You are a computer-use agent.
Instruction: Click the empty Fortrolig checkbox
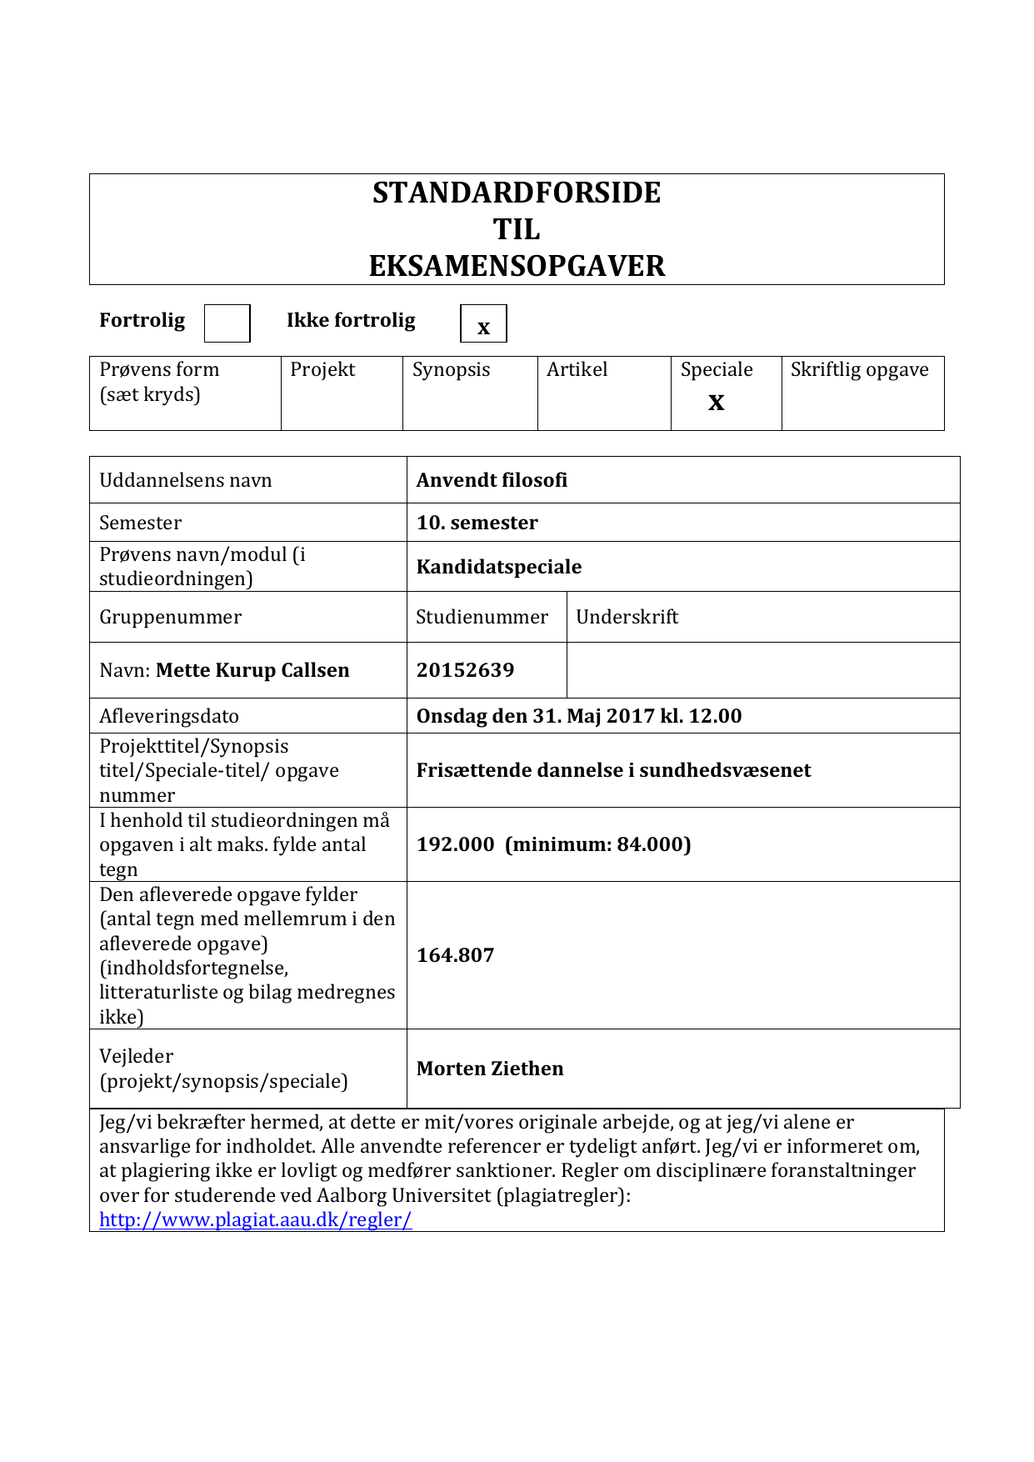[227, 323]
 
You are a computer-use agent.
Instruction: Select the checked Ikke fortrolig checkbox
[483, 323]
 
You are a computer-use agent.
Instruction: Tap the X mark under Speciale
[717, 403]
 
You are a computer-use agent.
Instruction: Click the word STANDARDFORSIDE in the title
[517, 193]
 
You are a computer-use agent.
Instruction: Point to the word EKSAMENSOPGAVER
[517, 266]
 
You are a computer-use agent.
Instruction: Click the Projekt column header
[322, 369]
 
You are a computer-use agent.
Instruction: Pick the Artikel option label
[577, 369]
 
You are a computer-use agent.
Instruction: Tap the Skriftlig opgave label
[859, 369]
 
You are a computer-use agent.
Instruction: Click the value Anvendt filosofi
[492, 480]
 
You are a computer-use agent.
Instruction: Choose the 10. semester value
[477, 523]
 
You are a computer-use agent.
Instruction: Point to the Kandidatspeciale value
[499, 567]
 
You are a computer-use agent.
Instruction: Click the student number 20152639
[466, 670]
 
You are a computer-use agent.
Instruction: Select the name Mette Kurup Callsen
[252, 670]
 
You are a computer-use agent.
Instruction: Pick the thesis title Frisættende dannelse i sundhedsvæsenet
[613, 770]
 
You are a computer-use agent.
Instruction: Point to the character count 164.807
[456, 955]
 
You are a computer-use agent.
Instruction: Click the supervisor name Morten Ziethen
[490, 1069]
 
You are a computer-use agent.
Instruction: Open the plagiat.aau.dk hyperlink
[255, 1219]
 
